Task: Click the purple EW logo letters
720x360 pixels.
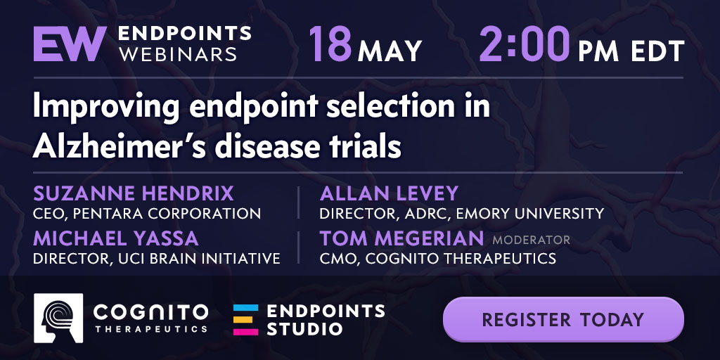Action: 70,44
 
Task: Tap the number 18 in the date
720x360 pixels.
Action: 330,44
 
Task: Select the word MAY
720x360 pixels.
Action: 390,51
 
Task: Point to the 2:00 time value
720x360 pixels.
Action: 525,44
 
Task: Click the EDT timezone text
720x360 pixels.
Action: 657,51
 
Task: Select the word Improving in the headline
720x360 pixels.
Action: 105,108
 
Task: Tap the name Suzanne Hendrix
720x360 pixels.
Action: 133,194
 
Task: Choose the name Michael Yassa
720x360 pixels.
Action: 116,238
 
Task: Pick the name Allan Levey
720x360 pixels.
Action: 389,194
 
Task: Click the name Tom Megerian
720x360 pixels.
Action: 401,238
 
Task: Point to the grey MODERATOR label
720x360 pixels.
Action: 532,240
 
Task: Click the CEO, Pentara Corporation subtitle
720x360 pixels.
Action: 147,214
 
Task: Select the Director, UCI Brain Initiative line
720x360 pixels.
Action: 157,258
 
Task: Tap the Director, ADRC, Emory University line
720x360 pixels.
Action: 462,214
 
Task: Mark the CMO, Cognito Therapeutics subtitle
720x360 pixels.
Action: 438,258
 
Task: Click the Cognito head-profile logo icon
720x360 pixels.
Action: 58,319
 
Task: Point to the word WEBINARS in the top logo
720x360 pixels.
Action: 178,55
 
